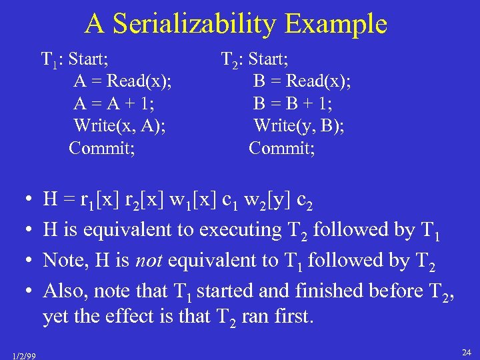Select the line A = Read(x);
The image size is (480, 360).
pyautogui.click(x=122, y=81)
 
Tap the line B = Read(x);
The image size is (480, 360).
pyautogui.click(x=302, y=81)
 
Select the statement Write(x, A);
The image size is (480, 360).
pyautogui.click(x=120, y=125)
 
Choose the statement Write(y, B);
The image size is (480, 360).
pyautogui.click(x=299, y=125)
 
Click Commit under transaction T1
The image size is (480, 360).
pyautogui.click(x=102, y=147)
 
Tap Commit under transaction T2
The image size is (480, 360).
pyautogui.click(x=282, y=147)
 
